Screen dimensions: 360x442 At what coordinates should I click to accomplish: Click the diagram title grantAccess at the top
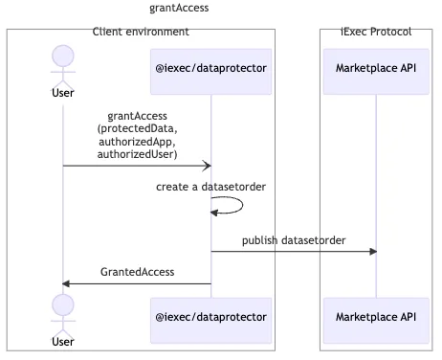pos(179,9)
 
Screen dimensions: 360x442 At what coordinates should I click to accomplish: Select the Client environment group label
pos(141,33)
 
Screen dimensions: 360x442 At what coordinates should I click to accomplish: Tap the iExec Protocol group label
pos(376,33)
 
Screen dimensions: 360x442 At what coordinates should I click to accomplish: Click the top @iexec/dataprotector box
pos(210,69)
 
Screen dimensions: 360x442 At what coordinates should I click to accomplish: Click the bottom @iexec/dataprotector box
pos(210,317)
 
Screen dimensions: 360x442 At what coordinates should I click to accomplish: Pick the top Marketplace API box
pos(376,69)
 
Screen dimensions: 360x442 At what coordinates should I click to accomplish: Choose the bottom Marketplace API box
pos(376,317)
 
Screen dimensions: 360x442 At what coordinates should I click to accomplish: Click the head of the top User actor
pos(63,56)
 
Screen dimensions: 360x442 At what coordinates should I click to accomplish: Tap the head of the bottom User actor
pos(63,305)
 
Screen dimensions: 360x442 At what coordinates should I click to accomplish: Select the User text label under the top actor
pos(63,93)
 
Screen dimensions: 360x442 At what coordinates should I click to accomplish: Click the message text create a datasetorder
pos(210,187)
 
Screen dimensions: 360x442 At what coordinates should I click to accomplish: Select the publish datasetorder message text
pos(294,240)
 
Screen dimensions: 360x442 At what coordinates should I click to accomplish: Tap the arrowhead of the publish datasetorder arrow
pos(372,252)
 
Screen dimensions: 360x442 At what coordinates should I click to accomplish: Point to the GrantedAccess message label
pos(137,272)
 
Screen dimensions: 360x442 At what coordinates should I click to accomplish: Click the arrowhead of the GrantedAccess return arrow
pos(67,283)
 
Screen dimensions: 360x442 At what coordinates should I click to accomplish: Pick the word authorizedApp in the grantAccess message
pos(137,142)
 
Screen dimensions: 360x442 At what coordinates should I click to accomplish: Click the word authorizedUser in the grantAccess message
pos(137,154)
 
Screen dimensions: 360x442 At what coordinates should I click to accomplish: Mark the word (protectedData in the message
pos(137,129)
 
